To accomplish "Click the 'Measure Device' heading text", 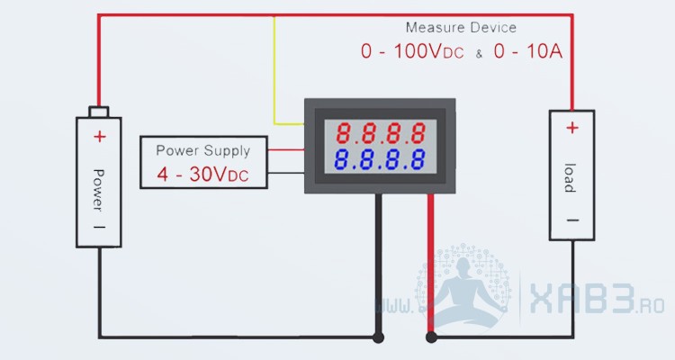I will pos(461,28).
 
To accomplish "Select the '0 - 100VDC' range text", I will pos(412,52).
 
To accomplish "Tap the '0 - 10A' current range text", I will pos(527,52).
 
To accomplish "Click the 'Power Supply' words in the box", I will pos(203,150).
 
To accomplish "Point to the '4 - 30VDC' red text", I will pos(203,174).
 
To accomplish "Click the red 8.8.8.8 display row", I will pos(381,135).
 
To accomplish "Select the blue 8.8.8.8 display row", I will pos(381,161).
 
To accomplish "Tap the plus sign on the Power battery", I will pos(99,137).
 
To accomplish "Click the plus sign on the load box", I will pos(572,128).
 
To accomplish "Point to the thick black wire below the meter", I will pos(378,261).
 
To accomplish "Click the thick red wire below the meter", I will pos(431,261).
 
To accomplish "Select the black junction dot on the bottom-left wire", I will pos(378,338).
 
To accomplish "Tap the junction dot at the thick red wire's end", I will pos(431,338).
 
